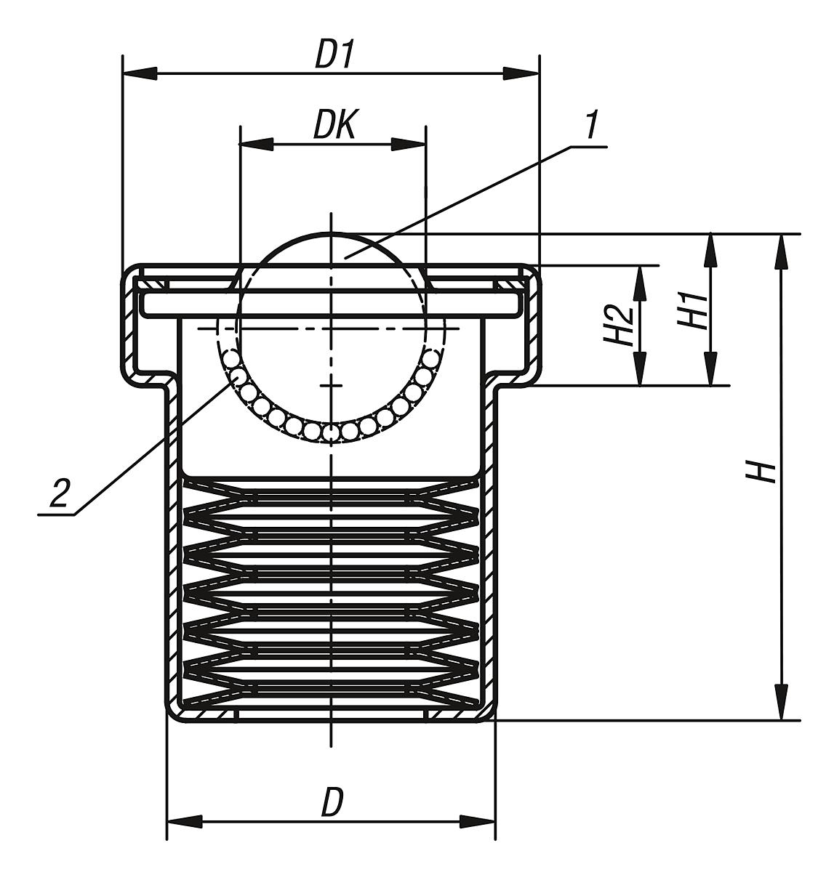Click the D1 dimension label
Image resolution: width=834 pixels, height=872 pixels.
point(333,57)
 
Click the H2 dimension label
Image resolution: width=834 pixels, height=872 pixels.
point(619,325)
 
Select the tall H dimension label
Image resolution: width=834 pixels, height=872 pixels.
point(761,472)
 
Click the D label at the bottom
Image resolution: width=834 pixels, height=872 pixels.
point(332,803)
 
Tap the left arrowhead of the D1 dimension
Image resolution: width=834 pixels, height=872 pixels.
point(138,73)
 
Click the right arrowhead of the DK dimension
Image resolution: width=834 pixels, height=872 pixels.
point(409,144)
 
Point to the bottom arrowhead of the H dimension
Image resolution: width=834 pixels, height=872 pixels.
point(782,704)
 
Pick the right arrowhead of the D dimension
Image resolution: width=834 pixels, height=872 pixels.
point(478,823)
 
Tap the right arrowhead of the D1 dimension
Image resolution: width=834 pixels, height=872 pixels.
point(523,73)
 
